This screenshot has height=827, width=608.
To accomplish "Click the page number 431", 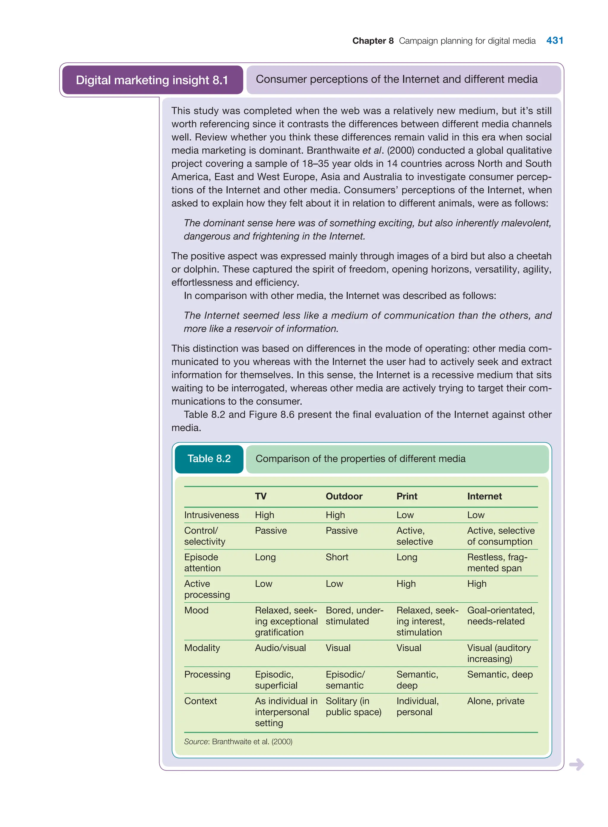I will [x=555, y=40].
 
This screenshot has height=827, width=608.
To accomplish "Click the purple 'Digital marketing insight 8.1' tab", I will [x=152, y=80].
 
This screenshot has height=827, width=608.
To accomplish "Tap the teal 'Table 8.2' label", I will [x=209, y=459].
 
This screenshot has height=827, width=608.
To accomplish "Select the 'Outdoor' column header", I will [x=344, y=496].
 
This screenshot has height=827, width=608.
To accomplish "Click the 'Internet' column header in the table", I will [x=484, y=496].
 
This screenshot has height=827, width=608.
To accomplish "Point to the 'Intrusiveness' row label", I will [x=211, y=515].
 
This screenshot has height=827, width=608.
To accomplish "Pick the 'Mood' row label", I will [x=196, y=610].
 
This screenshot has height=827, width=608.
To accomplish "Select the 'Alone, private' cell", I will [x=495, y=701].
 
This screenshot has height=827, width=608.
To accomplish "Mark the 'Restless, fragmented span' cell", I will [x=497, y=563].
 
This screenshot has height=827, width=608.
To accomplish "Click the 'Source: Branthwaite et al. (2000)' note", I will [x=238, y=741].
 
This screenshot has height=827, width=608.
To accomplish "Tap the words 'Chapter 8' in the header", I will [x=373, y=41].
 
